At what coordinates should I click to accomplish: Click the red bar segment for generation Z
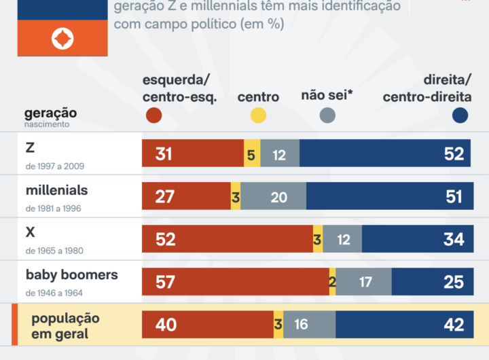click(192, 154)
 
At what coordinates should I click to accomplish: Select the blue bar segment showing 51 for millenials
click(388, 196)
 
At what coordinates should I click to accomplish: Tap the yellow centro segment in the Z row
click(251, 154)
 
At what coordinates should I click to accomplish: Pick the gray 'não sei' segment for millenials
click(273, 196)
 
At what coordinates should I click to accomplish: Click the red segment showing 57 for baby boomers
click(235, 281)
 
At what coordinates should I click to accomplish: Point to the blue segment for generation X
click(416, 239)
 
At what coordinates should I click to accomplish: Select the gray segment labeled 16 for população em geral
click(309, 325)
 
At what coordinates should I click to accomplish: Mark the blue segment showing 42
click(403, 325)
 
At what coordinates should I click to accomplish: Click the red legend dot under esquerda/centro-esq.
click(154, 116)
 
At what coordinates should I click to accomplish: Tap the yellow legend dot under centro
click(258, 116)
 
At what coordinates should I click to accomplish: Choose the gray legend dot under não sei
click(327, 116)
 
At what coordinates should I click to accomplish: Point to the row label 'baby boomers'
click(71, 275)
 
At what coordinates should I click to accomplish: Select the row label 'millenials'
click(56, 190)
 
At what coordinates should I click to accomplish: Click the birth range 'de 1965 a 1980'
click(54, 251)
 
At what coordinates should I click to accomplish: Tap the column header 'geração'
click(50, 113)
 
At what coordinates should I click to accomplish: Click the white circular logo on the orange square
click(62, 38)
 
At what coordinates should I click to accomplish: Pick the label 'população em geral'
click(65, 326)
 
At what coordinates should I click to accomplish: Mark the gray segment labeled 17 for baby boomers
click(364, 281)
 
